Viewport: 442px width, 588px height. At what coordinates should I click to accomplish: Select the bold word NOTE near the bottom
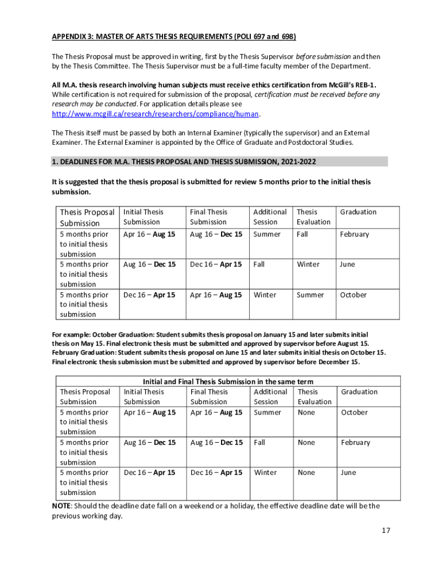pos(61,506)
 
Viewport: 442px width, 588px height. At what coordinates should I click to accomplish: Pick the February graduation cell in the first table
pos(354,234)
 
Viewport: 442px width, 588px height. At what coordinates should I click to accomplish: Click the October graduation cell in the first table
pos(353,295)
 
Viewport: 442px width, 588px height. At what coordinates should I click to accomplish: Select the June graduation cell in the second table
pos(348,473)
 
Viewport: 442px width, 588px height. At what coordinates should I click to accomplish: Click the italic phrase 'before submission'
pos(323,57)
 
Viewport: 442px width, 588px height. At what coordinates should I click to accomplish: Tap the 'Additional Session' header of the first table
pos(270,217)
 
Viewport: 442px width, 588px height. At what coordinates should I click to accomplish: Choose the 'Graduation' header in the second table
pos(359,392)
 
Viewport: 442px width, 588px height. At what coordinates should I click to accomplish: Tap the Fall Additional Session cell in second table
pos(259,443)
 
